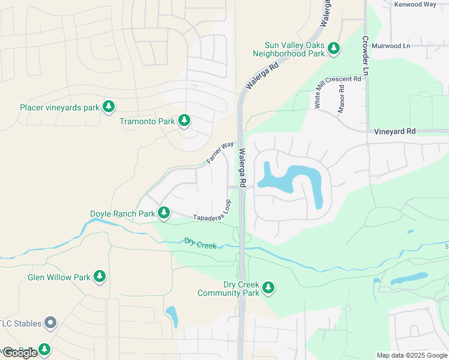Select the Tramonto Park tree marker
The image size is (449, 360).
point(184,121)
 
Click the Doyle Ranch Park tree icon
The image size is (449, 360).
point(164,213)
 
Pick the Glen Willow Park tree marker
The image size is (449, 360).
point(99,277)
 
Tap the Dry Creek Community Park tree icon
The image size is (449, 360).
point(268,289)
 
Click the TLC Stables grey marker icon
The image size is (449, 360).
point(51,323)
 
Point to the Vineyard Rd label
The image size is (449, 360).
point(394,131)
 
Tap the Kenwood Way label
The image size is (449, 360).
point(415,4)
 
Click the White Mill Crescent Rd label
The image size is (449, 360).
point(338,92)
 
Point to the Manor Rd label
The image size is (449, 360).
point(341,99)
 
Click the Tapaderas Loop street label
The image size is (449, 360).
point(212,214)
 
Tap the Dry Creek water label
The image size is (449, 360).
point(200,244)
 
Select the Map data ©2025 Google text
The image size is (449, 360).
point(411,355)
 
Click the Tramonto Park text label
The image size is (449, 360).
point(147,122)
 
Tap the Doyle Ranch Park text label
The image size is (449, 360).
point(122,214)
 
